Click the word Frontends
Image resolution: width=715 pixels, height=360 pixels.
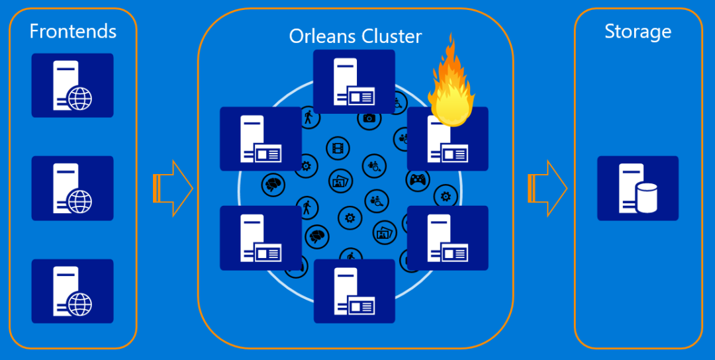point(73,31)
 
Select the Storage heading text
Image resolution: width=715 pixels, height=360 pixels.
point(638,31)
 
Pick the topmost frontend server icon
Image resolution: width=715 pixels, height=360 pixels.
point(72,85)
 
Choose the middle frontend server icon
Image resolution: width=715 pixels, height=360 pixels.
point(72,188)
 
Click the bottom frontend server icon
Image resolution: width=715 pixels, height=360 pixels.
point(72,291)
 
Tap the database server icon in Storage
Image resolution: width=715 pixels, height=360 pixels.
point(638,188)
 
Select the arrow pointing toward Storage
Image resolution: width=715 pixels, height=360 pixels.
point(548,188)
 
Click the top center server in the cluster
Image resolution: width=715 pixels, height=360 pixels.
point(354,81)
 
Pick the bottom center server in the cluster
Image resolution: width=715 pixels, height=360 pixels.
point(354,291)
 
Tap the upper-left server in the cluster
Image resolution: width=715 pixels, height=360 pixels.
point(260,138)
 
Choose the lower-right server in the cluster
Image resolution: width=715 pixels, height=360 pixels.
point(448,238)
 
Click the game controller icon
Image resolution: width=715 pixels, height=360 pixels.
point(418,179)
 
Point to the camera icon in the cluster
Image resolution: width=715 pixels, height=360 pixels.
point(369,118)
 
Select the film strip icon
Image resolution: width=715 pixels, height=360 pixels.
point(338,148)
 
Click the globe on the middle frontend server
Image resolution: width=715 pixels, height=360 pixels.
point(80,201)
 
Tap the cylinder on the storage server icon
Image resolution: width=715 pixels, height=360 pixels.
point(645,199)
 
